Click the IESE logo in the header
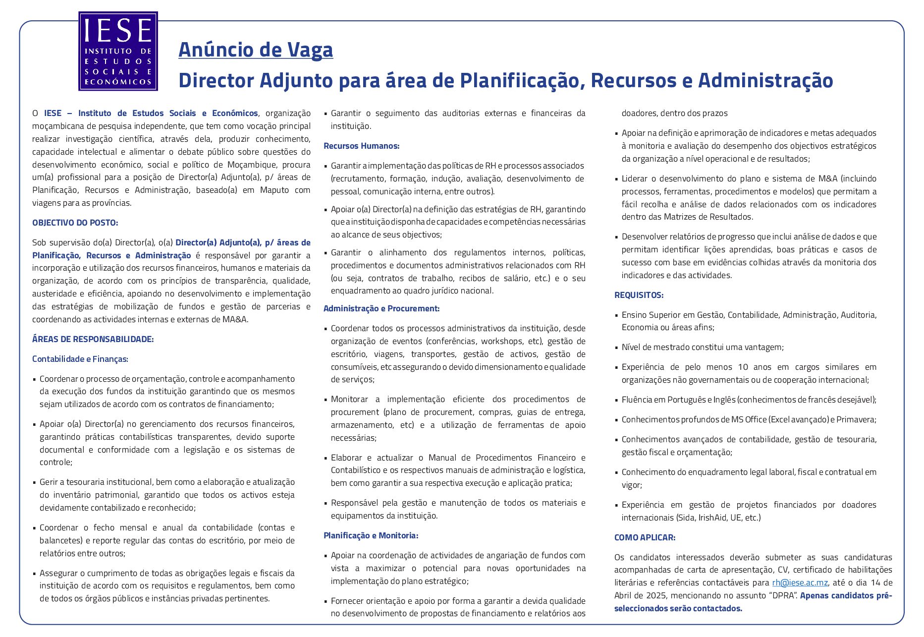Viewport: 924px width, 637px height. click(118, 51)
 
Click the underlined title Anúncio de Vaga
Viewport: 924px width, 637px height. click(256, 50)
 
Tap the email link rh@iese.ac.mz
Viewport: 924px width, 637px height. click(800, 582)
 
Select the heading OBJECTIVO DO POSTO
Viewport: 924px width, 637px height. click(75, 223)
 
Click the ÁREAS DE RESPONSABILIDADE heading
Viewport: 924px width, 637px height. click(93, 339)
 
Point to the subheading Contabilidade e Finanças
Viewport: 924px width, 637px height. click(80, 359)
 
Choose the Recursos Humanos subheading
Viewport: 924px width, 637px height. click(361, 146)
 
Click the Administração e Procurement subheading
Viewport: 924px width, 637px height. click(381, 308)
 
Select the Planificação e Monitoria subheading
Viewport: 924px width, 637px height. click(371, 535)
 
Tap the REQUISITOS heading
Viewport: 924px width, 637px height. click(639, 295)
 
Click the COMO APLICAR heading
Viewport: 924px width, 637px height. click(645, 537)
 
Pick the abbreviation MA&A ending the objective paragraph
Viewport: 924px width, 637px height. click(234, 319)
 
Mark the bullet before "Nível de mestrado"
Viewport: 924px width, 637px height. click(617, 347)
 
